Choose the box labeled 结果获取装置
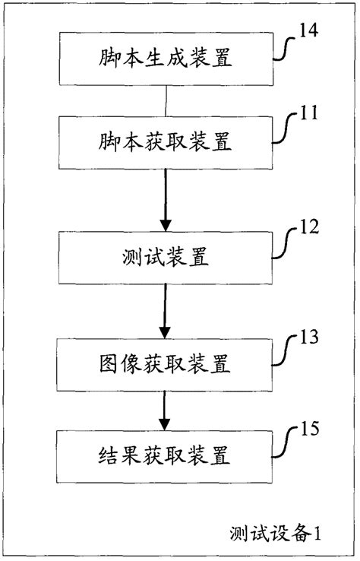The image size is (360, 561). (x=166, y=455)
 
